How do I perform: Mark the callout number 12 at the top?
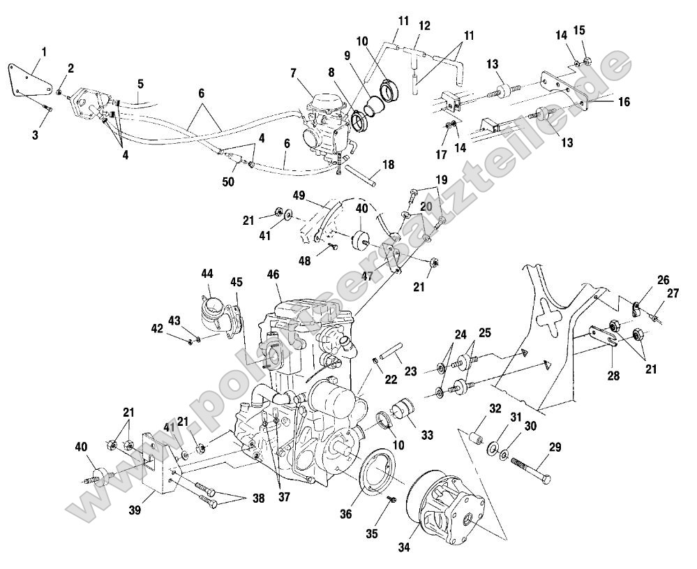tap(424, 25)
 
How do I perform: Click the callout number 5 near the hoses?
tap(140, 84)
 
